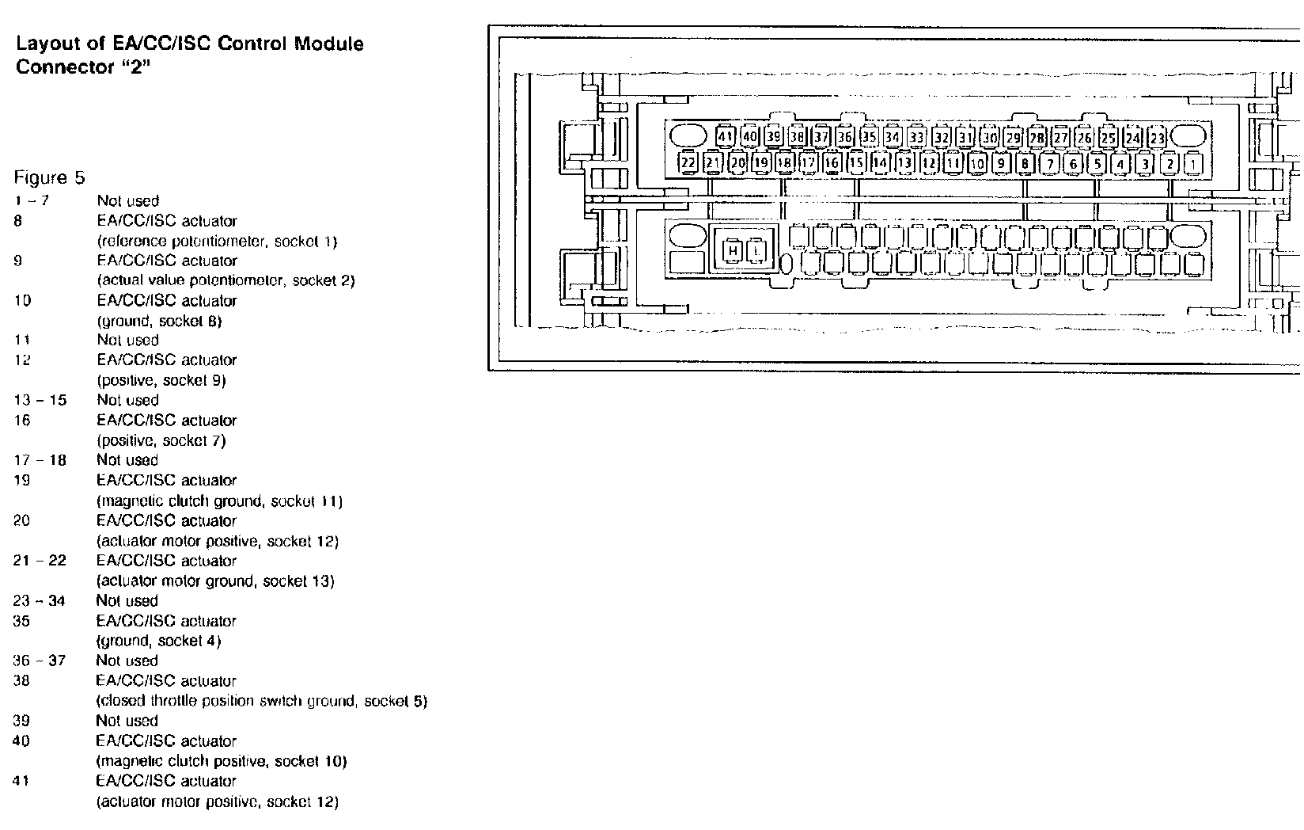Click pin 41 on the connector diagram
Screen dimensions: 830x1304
(726, 136)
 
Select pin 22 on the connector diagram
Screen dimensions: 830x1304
(688, 163)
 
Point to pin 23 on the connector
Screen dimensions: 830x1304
(1158, 137)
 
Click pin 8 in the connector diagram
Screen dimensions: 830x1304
(1025, 164)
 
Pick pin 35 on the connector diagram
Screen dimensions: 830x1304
(869, 136)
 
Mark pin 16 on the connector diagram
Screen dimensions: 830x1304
(832, 163)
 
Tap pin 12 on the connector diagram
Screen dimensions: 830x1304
(929, 163)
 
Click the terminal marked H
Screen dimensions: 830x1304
(733, 252)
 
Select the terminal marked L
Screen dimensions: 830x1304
(757, 252)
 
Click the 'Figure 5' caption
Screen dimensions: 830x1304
(49, 177)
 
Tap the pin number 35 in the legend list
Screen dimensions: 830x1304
(21, 621)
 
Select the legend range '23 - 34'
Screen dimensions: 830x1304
(40, 600)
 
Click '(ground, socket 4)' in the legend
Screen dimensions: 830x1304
(159, 641)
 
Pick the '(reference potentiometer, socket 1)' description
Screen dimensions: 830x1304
(217, 241)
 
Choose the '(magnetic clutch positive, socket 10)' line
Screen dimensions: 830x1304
(222, 761)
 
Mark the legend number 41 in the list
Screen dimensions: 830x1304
(21, 781)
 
